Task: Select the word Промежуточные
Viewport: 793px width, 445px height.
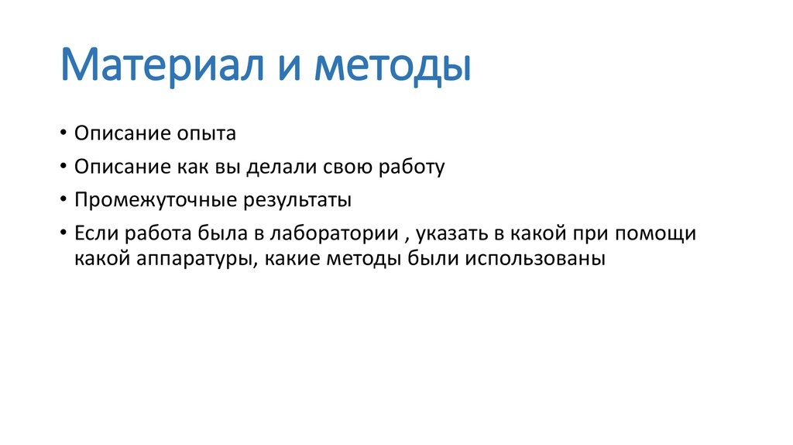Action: click(156, 200)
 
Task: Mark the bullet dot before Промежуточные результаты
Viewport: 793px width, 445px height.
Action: click(63, 200)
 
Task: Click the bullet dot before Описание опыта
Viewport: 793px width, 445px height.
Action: click(63, 134)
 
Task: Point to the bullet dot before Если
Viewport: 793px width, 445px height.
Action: click(63, 233)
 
